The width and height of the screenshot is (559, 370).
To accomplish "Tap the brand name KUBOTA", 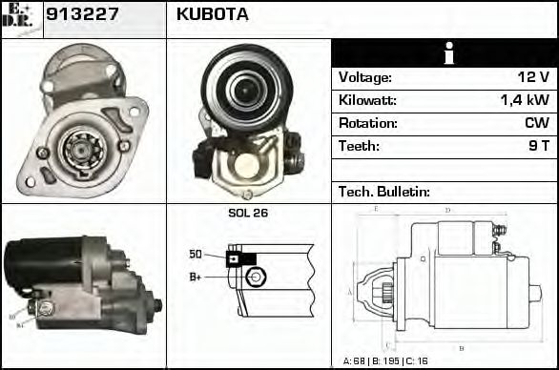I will pos(213,14).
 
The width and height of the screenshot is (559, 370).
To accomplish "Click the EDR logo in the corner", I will pos(21,18).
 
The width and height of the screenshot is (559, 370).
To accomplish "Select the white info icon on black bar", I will pos(444,53).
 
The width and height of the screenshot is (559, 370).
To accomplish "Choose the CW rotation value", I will pos(535,124).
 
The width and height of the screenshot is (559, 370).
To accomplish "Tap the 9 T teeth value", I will pos(538,147).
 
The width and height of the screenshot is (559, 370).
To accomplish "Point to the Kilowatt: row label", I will pos(367,101).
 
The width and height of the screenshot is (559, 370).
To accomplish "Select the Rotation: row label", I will pos(366,124).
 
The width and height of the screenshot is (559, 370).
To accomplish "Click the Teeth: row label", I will pos(359,147).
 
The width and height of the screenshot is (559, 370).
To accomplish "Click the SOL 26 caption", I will pos(248,213).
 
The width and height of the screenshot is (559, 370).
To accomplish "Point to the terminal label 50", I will pos(195,254).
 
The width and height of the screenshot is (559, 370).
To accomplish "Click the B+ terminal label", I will pos(196,277).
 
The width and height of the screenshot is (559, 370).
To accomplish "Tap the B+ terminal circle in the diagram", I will pos(254,277).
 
